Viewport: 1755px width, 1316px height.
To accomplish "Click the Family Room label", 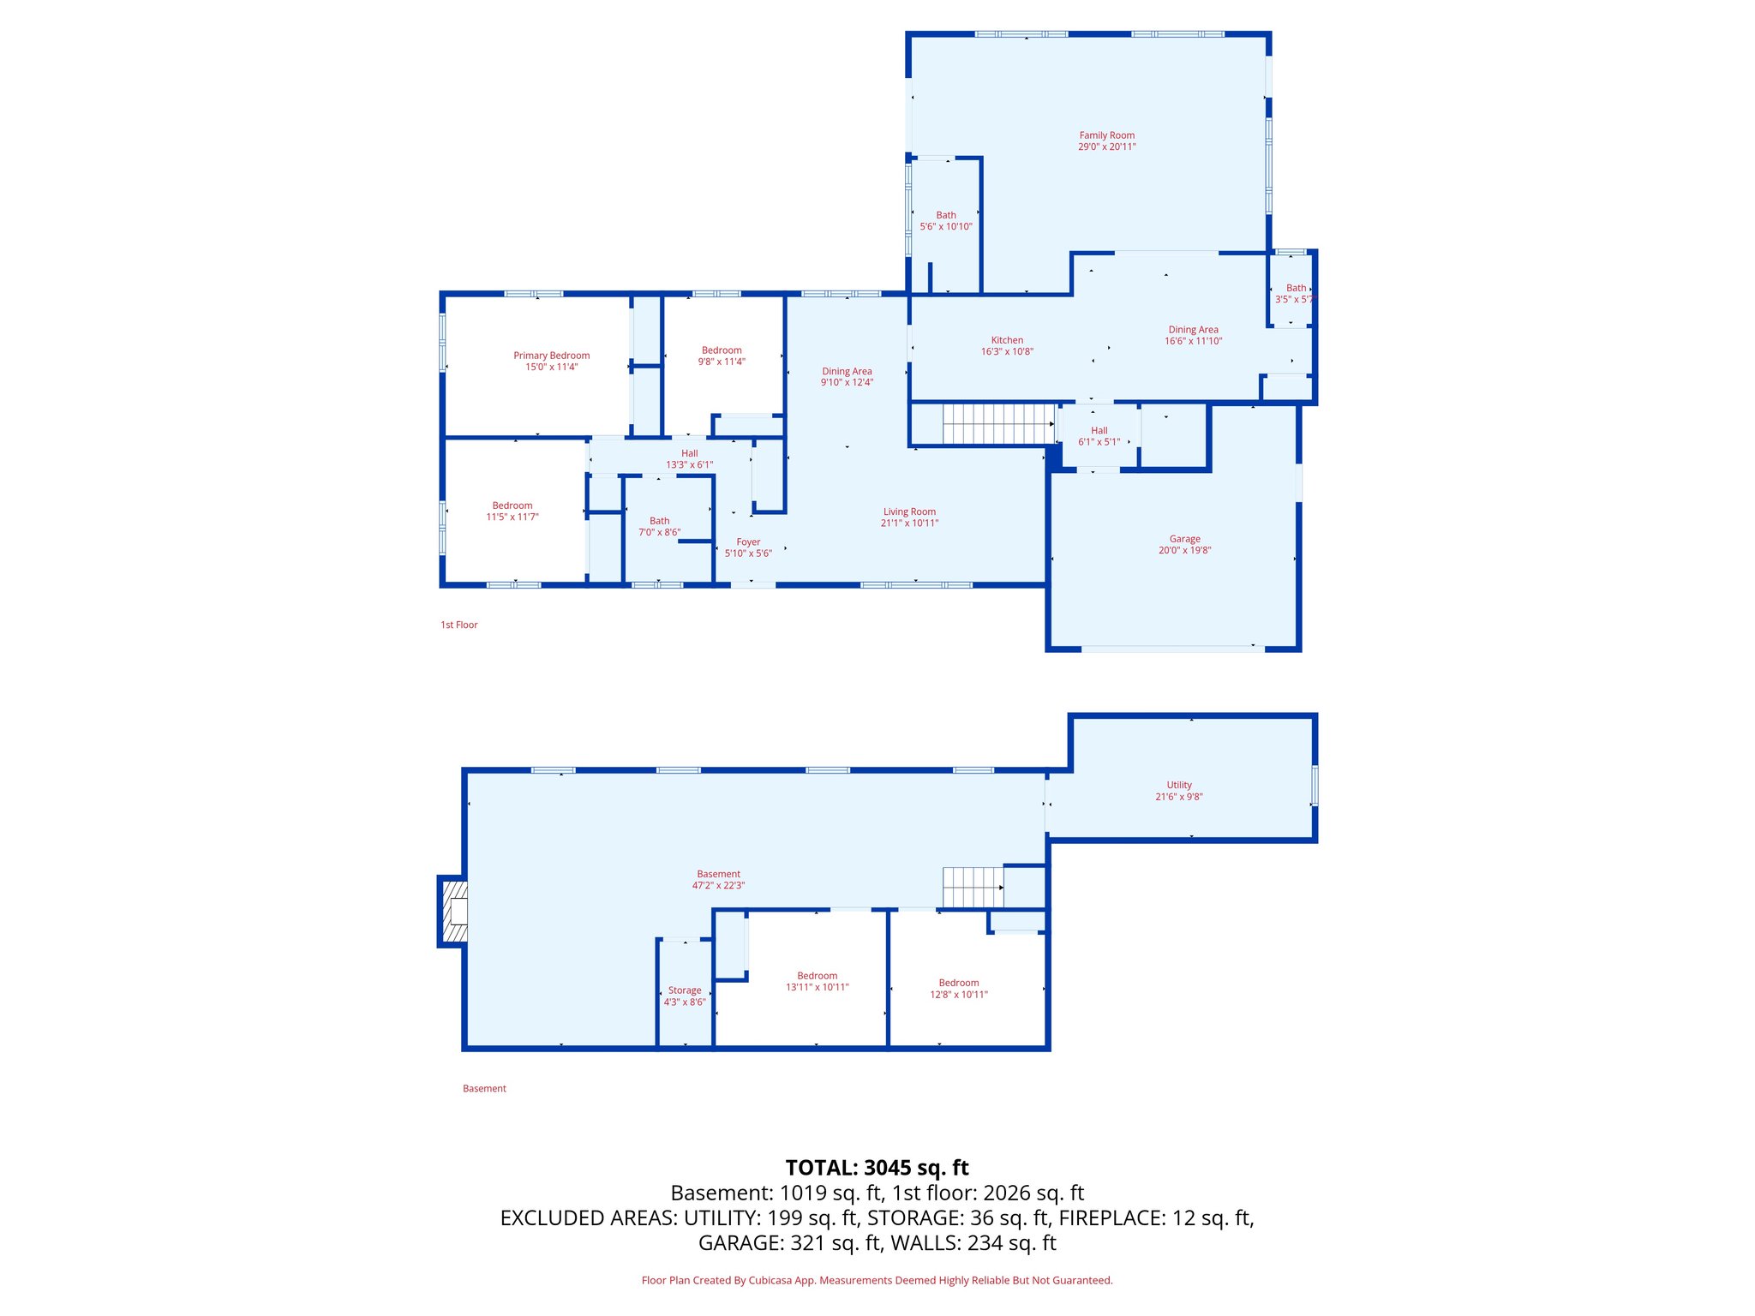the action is point(1106,135).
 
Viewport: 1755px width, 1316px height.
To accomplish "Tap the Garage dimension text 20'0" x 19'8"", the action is point(1184,550).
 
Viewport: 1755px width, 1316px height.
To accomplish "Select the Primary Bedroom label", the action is point(551,356).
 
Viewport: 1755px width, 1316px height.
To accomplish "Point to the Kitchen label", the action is point(1007,340).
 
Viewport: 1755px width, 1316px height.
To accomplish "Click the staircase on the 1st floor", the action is point(998,424).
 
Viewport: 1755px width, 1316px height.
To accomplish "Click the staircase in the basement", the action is point(973,887).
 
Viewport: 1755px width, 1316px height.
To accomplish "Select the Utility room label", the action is point(1178,785).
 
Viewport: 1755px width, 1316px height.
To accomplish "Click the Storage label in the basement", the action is point(684,990).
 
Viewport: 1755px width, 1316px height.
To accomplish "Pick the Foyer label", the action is point(748,542).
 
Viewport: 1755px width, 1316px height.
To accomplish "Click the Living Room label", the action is point(909,511).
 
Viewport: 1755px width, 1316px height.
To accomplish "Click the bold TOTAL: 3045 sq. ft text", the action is point(877,1168).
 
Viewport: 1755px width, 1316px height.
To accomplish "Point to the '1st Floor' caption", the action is point(458,625).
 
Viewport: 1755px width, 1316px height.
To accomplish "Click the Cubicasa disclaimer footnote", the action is point(877,1280).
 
